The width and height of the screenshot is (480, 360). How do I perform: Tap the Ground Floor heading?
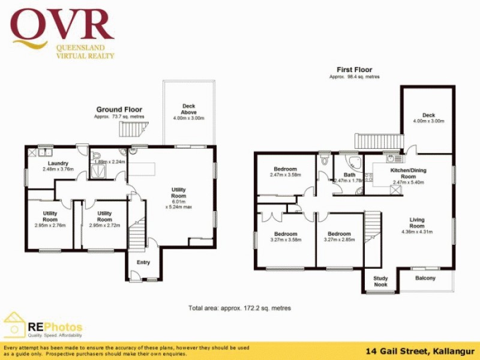tap(119, 110)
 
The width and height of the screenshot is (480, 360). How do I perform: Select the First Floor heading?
tap(354, 70)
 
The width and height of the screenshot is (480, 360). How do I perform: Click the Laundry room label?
tap(58, 163)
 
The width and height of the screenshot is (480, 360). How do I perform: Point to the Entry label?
tap(143, 263)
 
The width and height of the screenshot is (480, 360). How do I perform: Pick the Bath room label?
tap(349, 175)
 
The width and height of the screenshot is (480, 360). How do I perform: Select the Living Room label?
tap(417, 220)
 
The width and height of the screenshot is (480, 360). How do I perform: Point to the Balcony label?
tap(425, 278)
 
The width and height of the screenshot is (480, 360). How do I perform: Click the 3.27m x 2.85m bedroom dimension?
tap(340, 239)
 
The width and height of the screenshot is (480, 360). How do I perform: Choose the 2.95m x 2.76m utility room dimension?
tap(50, 226)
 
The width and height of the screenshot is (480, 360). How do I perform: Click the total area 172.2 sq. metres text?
tap(239, 308)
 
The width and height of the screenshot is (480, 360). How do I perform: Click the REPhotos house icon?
tap(14, 325)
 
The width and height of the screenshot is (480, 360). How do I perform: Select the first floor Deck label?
tap(428, 115)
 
